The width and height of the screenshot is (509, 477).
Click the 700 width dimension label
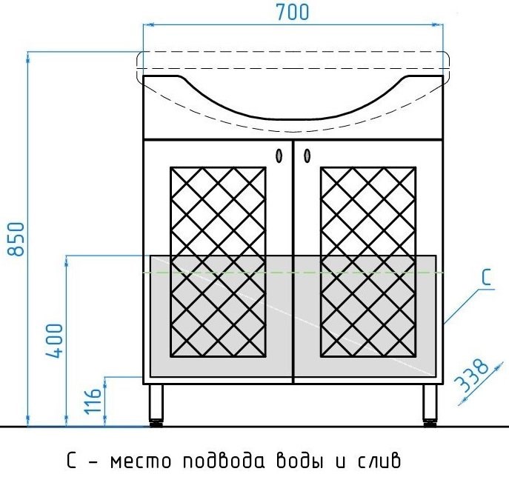pyautogui.click(x=293, y=13)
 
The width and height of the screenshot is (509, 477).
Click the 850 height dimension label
pyautogui.click(x=16, y=238)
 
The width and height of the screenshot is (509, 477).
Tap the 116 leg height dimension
pyautogui.click(x=93, y=401)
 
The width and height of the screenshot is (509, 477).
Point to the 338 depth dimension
pyautogui.click(x=472, y=375)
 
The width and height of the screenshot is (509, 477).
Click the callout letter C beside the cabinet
pyautogui.click(x=486, y=278)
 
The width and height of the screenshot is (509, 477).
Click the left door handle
pyautogui.click(x=279, y=156)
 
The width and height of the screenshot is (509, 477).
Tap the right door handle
pyautogui.click(x=307, y=156)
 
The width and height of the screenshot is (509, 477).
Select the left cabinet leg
pyautogui.click(x=156, y=405)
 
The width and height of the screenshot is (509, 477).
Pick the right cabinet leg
pyautogui.click(x=430, y=405)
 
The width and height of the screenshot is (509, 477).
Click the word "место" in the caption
pyautogui.click(x=140, y=461)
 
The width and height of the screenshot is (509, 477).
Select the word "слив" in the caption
pyautogui.click(x=379, y=460)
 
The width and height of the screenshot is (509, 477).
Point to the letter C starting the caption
pyautogui.click(x=72, y=460)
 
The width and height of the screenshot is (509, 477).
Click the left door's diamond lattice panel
pyautogui.click(x=218, y=262)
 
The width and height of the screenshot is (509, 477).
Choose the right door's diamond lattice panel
pyautogui.click(x=368, y=262)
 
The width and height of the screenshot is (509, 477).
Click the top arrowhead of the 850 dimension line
pyautogui.click(x=28, y=57)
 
